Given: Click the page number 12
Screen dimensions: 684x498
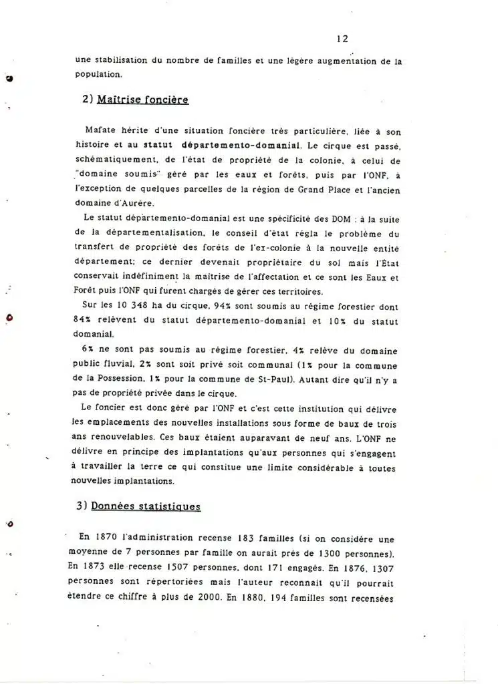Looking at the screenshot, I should click(x=342, y=39).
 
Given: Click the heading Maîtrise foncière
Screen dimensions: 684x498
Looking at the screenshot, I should click(x=142, y=100).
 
